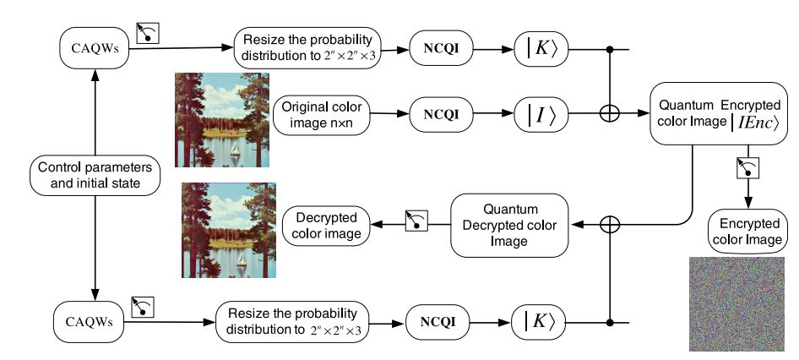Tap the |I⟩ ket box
(541, 112)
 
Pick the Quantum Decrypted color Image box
(506, 224)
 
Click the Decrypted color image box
(324, 224)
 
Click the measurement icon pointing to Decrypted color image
(417, 221)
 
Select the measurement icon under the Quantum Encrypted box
(744, 168)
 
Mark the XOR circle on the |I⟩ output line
(609, 112)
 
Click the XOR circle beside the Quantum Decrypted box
(609, 224)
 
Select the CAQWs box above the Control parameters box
(93, 49)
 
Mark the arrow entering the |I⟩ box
(498, 112)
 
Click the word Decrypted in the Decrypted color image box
(324, 216)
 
